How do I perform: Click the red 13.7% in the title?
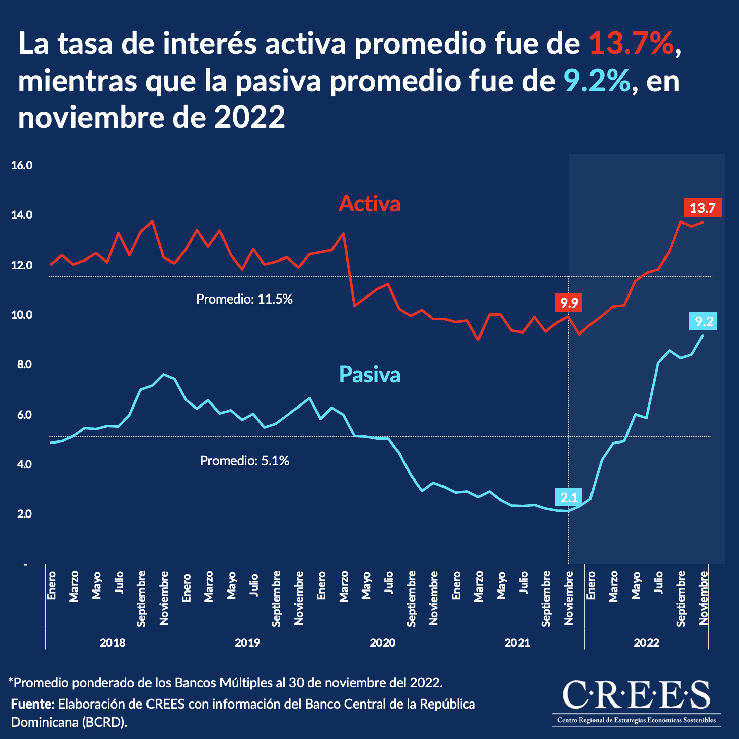coord(632,44)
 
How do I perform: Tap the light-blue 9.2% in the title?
coord(597,81)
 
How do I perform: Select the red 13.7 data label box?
coord(702,208)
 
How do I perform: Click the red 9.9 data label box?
coord(569,303)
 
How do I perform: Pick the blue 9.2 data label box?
coord(704,321)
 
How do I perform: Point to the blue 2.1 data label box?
coord(569,497)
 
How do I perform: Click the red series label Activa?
coord(369,204)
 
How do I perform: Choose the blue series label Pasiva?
coord(369,375)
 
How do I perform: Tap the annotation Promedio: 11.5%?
coord(244,299)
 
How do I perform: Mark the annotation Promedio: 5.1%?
coord(244,461)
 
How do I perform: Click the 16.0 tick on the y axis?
coord(22,166)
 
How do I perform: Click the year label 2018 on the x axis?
coord(113,643)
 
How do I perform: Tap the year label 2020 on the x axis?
coord(382,643)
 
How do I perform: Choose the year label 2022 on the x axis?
coord(646,643)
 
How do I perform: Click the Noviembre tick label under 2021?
coord(569,598)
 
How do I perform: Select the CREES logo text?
coord(636,695)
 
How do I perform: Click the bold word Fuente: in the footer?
coord(32,704)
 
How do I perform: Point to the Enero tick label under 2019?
coord(187,586)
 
